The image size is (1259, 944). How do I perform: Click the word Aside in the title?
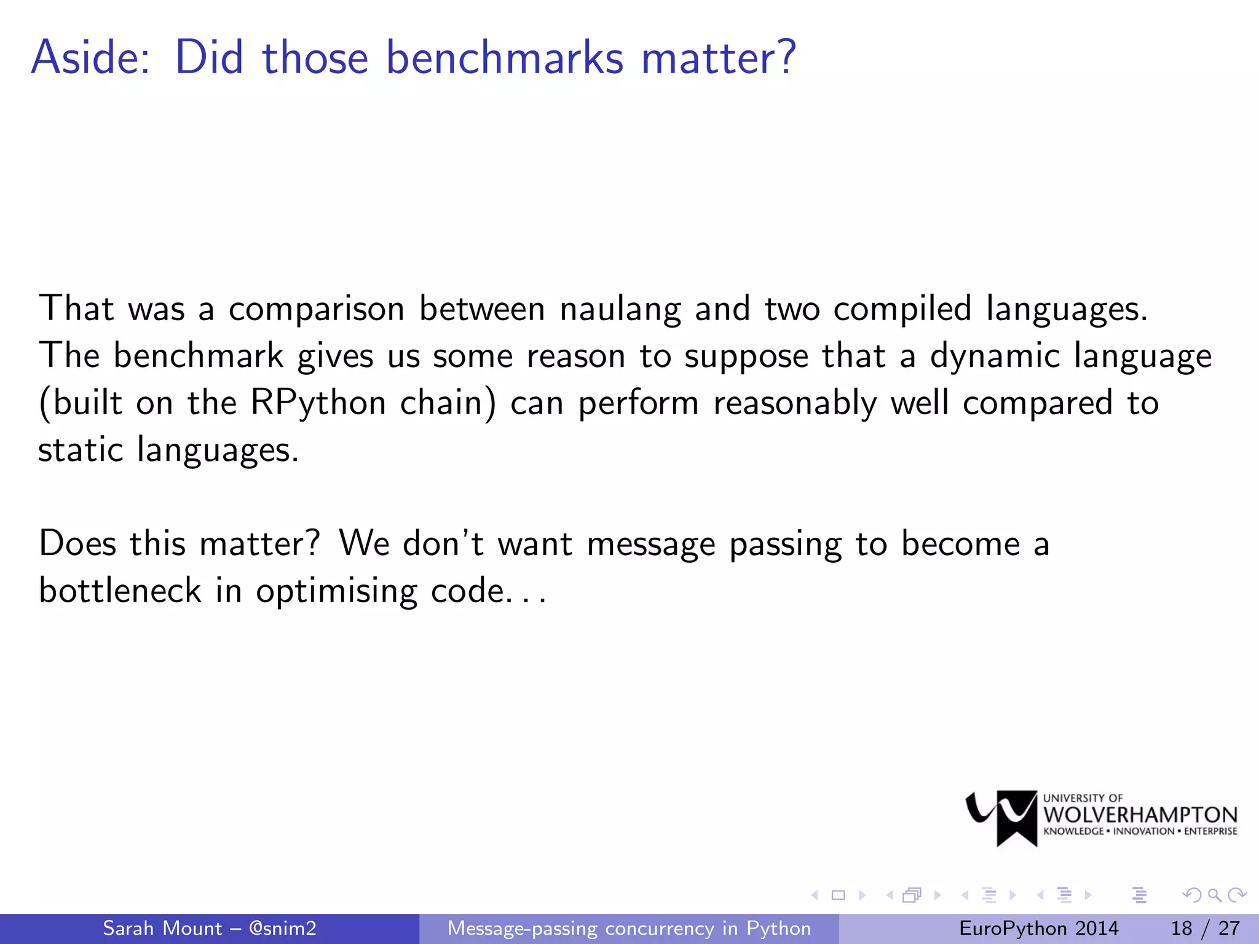pyautogui.click(x=90, y=58)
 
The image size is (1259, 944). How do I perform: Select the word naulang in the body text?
pyautogui.click(x=620, y=309)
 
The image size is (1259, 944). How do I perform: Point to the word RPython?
pyautogui.click(x=318, y=403)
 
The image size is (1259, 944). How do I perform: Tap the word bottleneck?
pyautogui.click(x=120, y=591)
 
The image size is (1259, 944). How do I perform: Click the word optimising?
pyautogui.click(x=336, y=592)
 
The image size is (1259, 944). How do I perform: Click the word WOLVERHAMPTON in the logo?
pyautogui.click(x=1140, y=815)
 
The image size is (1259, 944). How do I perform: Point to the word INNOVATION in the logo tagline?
pyautogui.click(x=1143, y=832)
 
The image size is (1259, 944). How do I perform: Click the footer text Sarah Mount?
pyautogui.click(x=162, y=928)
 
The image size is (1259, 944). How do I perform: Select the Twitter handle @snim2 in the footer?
pyautogui.click(x=282, y=928)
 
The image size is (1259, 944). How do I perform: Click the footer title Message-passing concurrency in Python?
pyautogui.click(x=629, y=928)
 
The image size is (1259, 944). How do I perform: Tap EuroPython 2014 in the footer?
pyautogui.click(x=1038, y=928)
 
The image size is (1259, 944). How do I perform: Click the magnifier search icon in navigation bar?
pyautogui.click(x=1214, y=895)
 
